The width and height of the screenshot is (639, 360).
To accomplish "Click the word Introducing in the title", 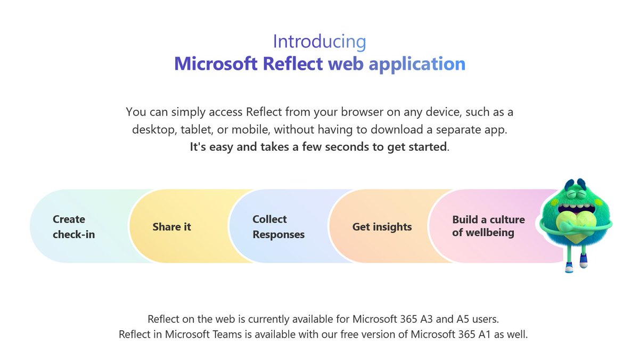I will tap(319, 42).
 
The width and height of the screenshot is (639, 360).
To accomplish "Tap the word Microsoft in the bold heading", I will tap(216, 64).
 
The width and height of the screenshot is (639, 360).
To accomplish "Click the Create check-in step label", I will tap(73, 227).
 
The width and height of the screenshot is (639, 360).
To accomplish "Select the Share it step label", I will tap(171, 227).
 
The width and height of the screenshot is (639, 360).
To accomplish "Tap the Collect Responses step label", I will tap(278, 227).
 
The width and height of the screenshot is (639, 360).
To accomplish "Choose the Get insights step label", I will tap(382, 227).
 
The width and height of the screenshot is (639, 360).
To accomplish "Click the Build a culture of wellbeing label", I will tap(488, 226).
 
